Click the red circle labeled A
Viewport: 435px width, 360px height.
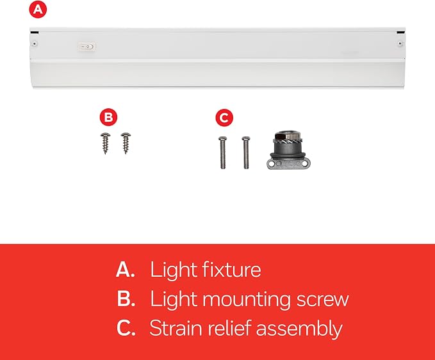(38, 10)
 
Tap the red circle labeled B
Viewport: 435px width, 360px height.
(108, 117)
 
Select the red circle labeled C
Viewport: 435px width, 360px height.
(224, 118)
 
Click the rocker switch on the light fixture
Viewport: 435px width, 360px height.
(87, 47)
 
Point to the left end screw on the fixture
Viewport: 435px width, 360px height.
(35, 44)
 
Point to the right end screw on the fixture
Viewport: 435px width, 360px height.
(400, 44)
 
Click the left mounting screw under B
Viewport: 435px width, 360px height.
(106, 143)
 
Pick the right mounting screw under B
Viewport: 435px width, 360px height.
(126, 143)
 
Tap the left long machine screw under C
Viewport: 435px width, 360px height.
(222, 152)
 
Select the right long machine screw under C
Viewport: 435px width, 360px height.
(246, 152)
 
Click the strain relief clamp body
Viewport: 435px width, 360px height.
(288, 150)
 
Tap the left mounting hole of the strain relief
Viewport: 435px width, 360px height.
(272, 164)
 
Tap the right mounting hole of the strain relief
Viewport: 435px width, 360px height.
(304, 164)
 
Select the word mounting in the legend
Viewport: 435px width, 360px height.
(247, 300)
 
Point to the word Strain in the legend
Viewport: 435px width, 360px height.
(176, 328)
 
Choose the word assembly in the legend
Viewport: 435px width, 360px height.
(299, 329)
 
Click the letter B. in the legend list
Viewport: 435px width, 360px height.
(126, 299)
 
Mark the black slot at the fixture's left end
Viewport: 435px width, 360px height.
(35, 33)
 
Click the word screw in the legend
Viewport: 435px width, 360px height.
(323, 300)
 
